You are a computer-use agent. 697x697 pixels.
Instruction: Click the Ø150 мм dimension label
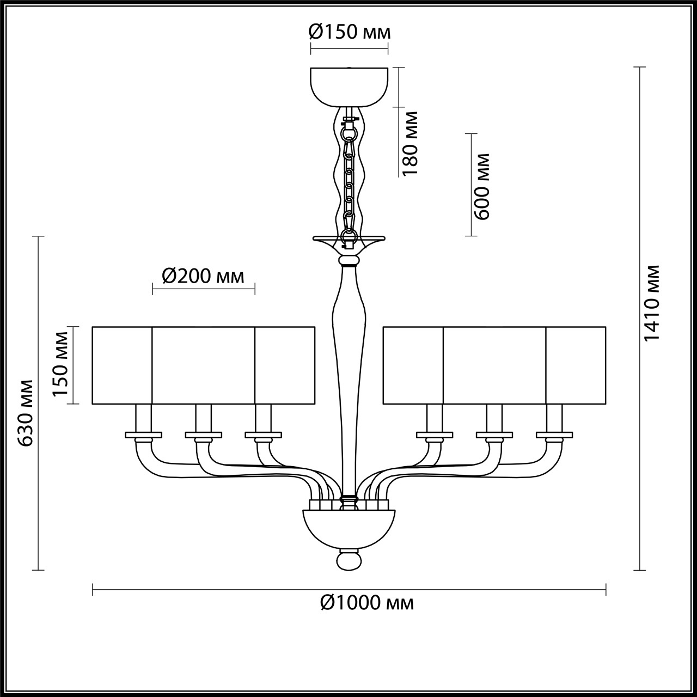click(349, 33)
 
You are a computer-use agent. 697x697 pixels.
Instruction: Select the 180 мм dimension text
click(411, 143)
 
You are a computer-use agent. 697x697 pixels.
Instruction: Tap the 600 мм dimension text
click(482, 185)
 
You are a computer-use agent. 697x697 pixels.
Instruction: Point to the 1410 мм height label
click(652, 303)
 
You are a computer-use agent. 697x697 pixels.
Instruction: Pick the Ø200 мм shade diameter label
click(203, 277)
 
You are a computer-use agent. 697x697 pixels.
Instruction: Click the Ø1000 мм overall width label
click(367, 603)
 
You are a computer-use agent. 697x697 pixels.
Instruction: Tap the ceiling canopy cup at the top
click(349, 86)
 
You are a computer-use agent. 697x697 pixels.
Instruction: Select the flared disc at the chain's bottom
click(348, 239)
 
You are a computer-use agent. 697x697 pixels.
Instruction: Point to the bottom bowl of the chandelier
click(348, 526)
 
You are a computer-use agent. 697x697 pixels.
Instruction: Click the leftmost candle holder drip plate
click(144, 435)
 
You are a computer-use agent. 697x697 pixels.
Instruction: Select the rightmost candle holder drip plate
click(554, 435)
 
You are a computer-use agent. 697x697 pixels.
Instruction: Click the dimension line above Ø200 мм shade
click(203, 289)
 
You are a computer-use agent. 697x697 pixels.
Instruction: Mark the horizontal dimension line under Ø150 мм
click(349, 48)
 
